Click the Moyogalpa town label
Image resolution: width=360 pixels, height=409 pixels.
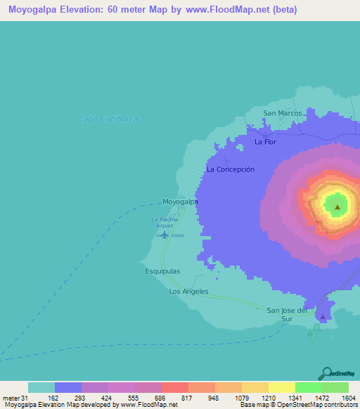point(180,202)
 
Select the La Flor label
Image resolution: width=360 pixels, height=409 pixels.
point(265,142)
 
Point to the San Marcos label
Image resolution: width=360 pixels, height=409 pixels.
point(282,112)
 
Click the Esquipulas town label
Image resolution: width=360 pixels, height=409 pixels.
point(162,271)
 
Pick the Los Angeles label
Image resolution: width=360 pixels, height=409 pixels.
point(188,292)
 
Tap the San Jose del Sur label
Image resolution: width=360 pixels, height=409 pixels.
point(288,313)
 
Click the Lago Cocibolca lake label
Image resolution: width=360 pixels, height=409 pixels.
point(108,119)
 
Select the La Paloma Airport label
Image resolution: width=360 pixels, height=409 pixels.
point(162,223)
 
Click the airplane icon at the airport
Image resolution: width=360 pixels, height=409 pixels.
point(165,235)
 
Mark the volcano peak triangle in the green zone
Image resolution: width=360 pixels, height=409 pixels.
point(337,207)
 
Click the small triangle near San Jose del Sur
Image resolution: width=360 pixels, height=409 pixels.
point(323,317)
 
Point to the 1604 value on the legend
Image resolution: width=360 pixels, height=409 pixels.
point(348,398)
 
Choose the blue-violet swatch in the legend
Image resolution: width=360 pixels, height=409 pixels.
point(68,387)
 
